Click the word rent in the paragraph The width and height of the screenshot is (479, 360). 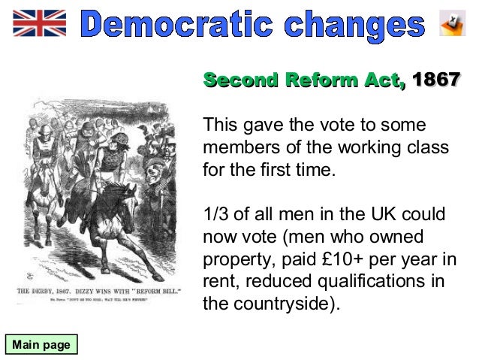(218, 282)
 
